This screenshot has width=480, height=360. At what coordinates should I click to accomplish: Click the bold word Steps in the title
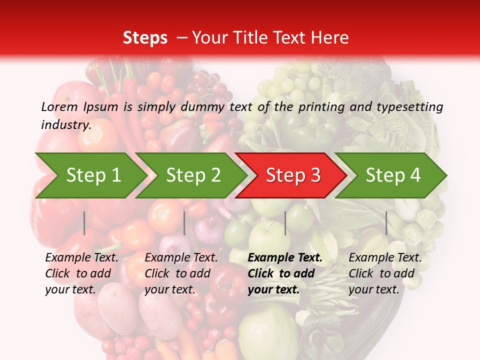[145, 38]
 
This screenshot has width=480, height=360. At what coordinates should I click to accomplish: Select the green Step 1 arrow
[90, 175]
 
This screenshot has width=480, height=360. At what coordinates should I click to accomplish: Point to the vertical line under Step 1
[84, 223]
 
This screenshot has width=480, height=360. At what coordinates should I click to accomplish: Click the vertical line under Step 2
[184, 223]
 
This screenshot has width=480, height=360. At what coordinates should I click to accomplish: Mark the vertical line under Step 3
[285, 223]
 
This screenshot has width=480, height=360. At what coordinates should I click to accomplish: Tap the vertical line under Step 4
[386, 223]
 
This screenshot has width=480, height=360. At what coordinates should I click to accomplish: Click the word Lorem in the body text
[59, 107]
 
